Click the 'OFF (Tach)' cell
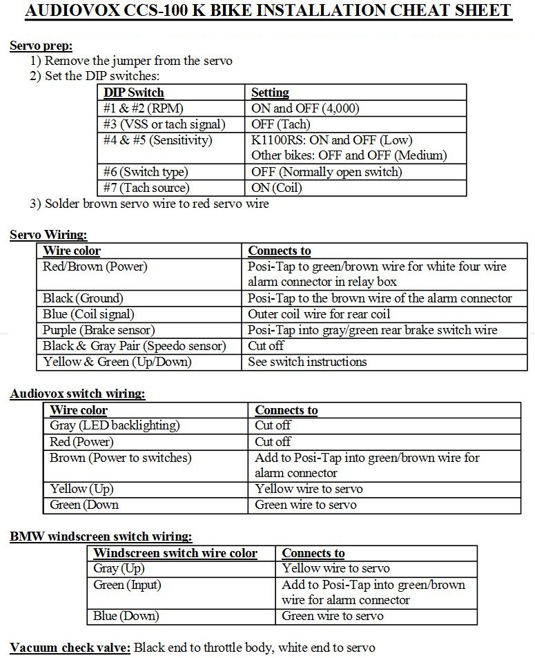point(281,124)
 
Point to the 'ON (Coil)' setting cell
point(278,188)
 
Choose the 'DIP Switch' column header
point(134,93)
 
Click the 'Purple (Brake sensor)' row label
point(99,330)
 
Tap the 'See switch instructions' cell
point(308,361)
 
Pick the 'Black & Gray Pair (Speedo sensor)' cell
point(135,346)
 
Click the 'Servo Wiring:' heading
point(48,235)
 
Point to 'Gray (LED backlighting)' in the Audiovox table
point(115,425)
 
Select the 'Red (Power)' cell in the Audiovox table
point(81,441)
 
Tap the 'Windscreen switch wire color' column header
point(175,553)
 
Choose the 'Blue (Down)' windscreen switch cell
point(126,616)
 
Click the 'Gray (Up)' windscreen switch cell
point(119,568)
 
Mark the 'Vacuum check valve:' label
point(70,648)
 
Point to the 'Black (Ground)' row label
point(83,298)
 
